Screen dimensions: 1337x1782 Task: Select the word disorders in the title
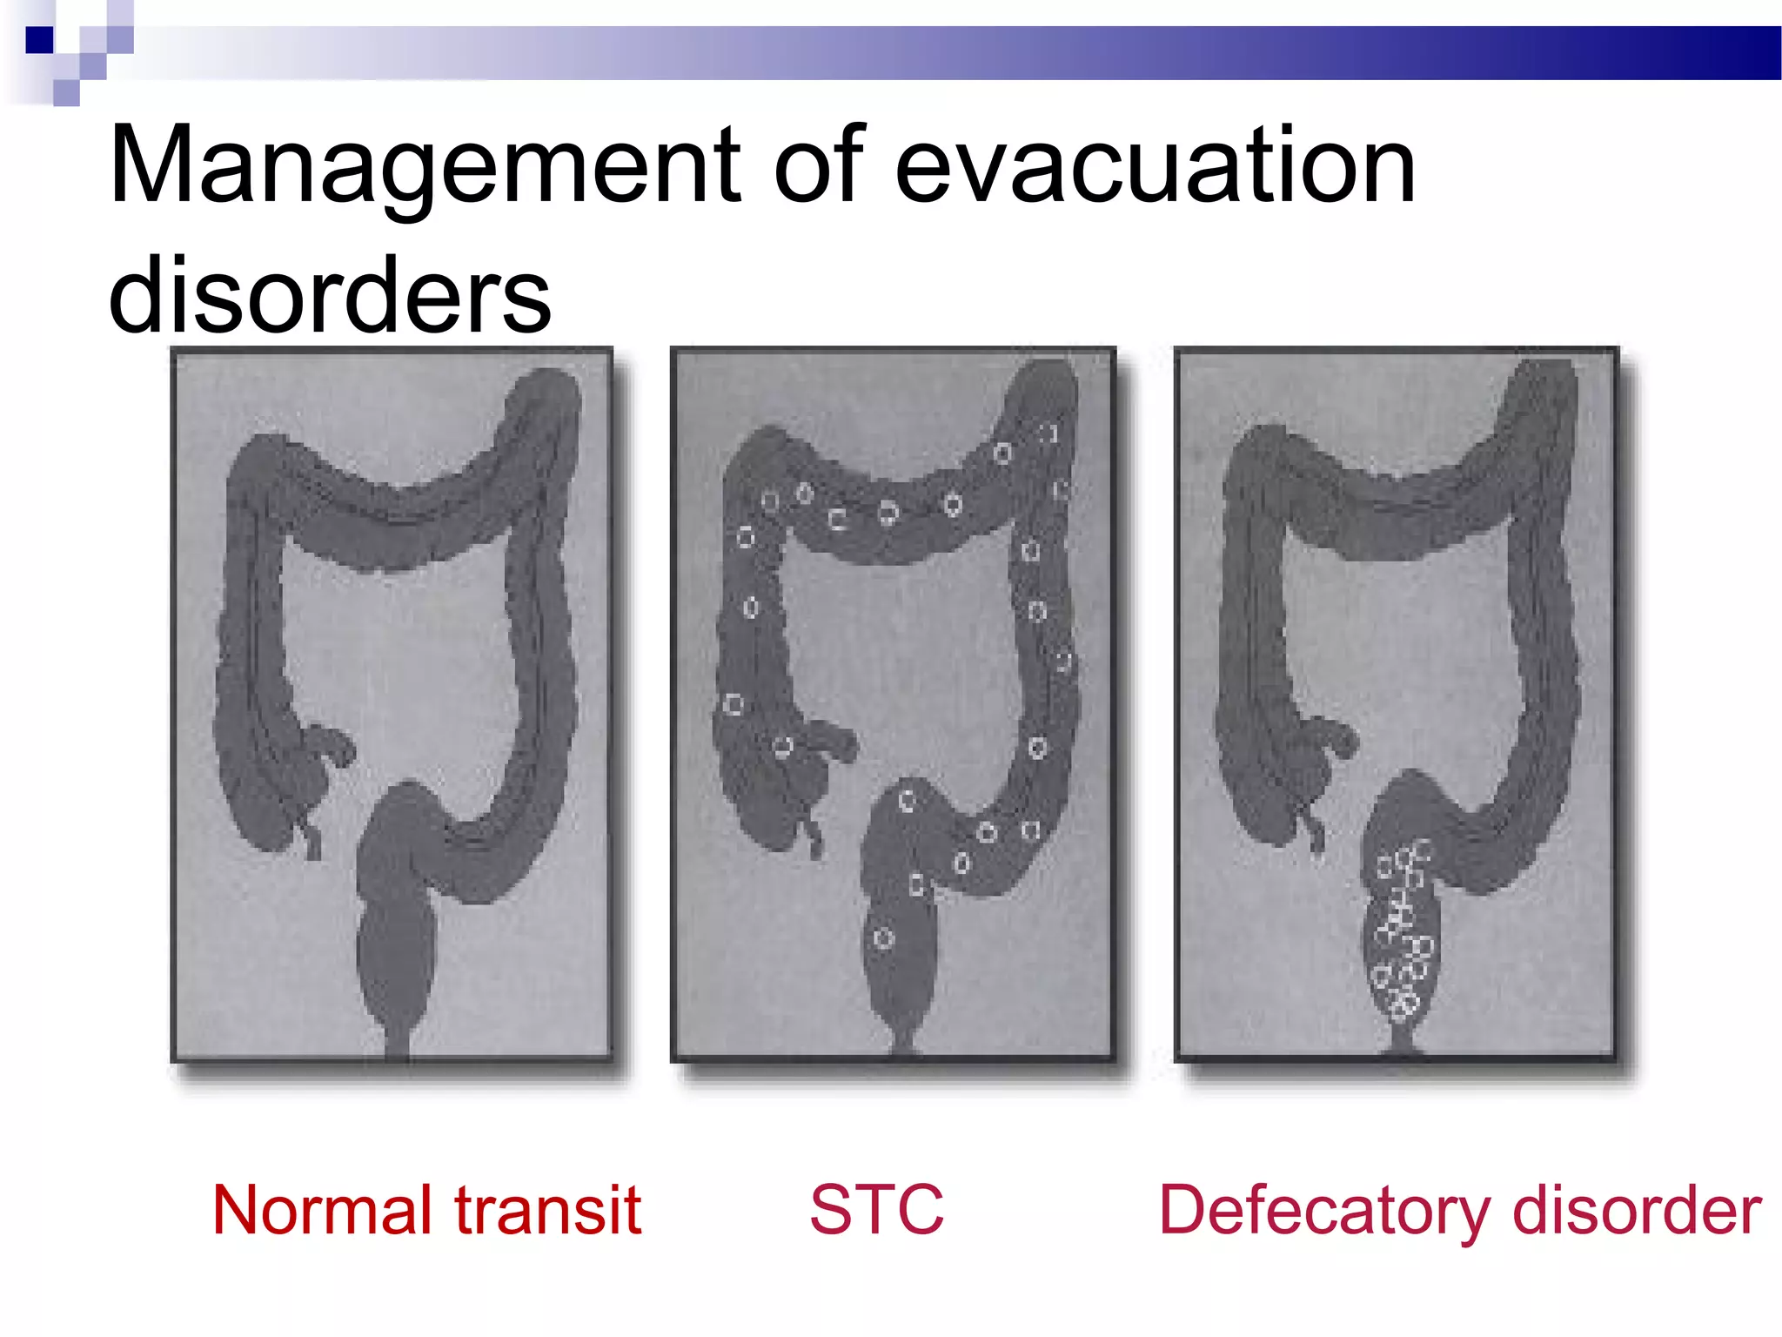tap(330, 296)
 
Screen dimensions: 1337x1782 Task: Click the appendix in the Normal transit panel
tap(310, 836)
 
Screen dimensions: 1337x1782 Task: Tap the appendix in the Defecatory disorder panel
tap(1315, 831)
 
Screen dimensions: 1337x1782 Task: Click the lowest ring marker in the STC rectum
tap(883, 938)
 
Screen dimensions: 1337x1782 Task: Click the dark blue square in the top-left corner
tap(39, 40)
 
